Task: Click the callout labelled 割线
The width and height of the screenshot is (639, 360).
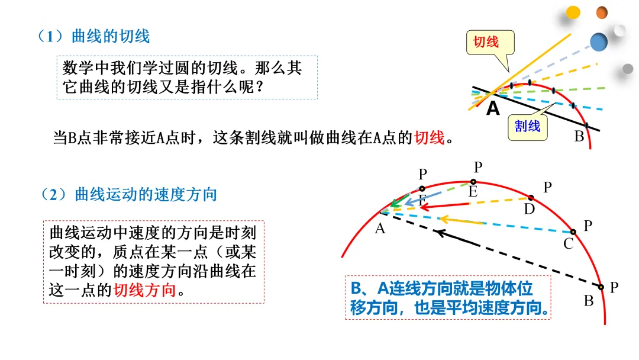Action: click(x=527, y=126)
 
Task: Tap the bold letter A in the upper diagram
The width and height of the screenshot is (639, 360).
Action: click(x=493, y=109)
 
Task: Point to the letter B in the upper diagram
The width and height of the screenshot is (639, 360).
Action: click(x=579, y=137)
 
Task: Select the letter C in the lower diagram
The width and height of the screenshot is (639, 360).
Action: click(x=569, y=243)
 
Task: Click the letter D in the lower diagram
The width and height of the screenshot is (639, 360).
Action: click(x=530, y=208)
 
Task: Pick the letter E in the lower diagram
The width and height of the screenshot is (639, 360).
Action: click(x=473, y=191)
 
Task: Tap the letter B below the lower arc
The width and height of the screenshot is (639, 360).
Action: click(x=589, y=301)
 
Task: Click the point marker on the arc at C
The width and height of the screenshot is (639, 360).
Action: click(x=573, y=232)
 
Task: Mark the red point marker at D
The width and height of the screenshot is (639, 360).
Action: click(x=531, y=198)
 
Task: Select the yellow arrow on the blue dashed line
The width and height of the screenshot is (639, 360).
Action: click(x=461, y=221)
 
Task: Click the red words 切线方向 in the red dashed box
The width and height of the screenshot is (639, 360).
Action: click(x=145, y=290)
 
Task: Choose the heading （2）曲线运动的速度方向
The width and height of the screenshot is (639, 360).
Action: click(x=129, y=194)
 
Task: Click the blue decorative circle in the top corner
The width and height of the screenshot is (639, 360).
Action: click(x=599, y=41)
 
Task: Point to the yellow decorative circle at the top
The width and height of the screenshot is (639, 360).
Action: click(x=573, y=12)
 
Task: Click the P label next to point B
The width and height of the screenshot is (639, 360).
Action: click(x=614, y=288)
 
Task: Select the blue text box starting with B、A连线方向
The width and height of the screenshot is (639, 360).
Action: click(x=447, y=298)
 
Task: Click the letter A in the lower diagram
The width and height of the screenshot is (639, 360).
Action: click(x=380, y=229)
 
